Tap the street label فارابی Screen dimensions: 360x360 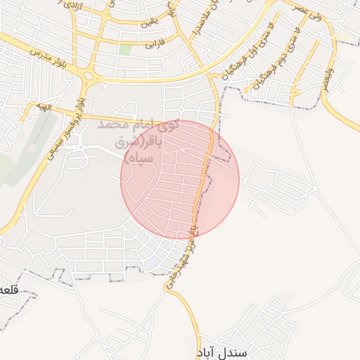[x=153, y=44]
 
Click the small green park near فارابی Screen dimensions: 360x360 [x=126, y=50]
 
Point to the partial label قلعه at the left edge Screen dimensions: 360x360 [x=8, y=290]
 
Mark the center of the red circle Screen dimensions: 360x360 [x=180, y=179]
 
